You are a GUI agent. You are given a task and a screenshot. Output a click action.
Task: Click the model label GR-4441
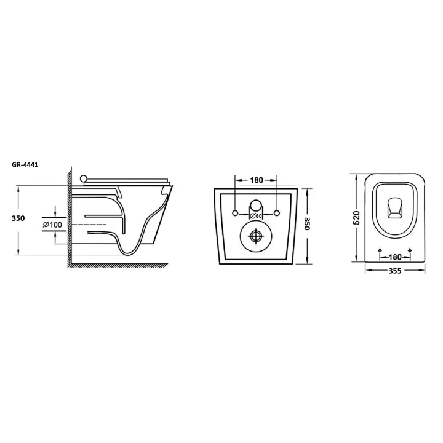pyautogui.click(x=25, y=165)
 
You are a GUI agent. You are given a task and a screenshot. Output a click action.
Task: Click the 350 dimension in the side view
pyautogui.click(x=18, y=218)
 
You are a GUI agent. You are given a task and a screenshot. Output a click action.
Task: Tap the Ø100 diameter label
pyautogui.click(x=52, y=225)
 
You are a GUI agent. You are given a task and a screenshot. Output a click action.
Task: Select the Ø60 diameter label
pyautogui.click(x=255, y=216)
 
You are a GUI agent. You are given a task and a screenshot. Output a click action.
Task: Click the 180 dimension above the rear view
pyautogui.click(x=256, y=180)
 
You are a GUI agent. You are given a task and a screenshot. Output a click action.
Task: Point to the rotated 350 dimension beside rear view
pyautogui.click(x=308, y=224)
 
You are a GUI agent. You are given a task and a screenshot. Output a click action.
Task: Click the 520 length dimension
pyautogui.click(x=357, y=218)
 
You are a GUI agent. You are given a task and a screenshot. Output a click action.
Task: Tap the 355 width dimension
pyautogui.click(x=394, y=271)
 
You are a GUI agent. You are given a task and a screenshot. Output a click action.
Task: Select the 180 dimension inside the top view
pyautogui.click(x=394, y=257)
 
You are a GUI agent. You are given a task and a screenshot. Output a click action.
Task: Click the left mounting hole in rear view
pyautogui.click(x=235, y=213)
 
